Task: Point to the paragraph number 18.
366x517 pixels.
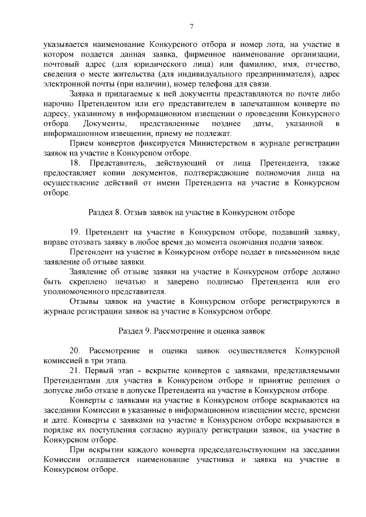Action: click(75, 164)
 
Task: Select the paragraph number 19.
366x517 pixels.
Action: click(75, 232)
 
